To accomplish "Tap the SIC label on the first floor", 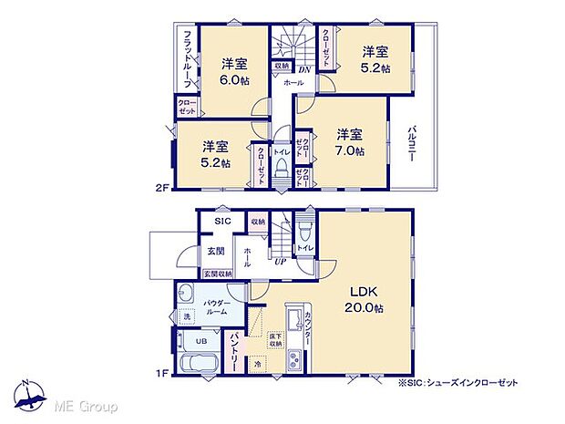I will pos(222,222).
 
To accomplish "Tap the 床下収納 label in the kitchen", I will pos(274,340).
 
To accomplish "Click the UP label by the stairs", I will pos(281,262).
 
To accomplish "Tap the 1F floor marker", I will pos(161,372).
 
